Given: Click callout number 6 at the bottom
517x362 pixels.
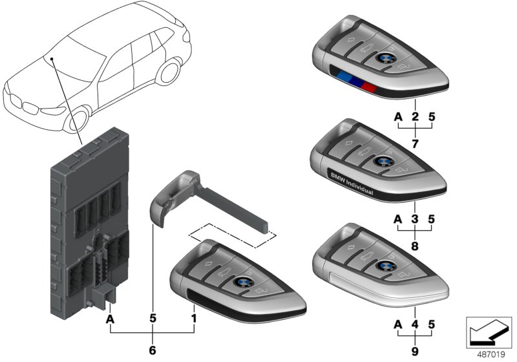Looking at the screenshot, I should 152,350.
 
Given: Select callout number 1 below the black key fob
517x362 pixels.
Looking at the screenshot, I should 193,319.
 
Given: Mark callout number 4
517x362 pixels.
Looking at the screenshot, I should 415,325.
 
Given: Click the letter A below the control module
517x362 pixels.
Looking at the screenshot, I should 110,319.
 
